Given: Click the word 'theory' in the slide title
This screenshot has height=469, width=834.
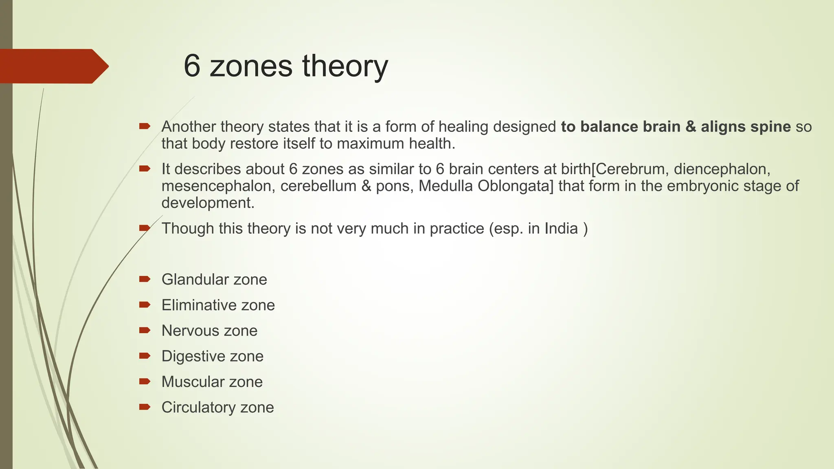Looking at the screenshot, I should coord(345,66).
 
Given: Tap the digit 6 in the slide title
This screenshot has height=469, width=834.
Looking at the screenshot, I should coord(192,66).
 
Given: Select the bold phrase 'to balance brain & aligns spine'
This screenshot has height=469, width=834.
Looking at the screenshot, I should coord(676,127).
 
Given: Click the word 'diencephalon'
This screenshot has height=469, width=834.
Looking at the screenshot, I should coord(722,169).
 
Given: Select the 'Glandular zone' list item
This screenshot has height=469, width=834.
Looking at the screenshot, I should coord(214,280).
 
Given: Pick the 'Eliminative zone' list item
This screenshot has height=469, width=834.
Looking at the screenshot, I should coord(218,305).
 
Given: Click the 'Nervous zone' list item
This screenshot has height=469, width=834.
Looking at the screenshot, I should coord(209,331).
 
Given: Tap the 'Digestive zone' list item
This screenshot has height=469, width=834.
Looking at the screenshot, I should coord(212,356).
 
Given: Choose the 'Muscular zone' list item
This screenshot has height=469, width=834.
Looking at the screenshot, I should coord(212,382).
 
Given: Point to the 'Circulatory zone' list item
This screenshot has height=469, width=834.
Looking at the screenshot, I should coord(217,408).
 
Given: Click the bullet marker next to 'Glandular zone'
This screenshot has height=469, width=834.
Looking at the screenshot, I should coord(145,279).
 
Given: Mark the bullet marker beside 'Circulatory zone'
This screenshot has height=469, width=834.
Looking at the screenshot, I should coord(145,407).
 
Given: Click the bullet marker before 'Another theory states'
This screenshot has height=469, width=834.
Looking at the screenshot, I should coord(145,126).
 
